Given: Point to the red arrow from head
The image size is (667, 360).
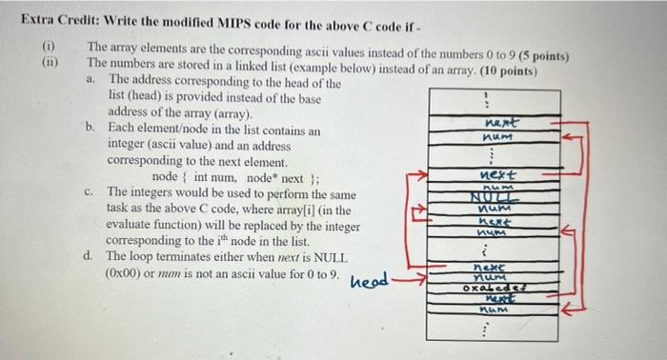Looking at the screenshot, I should [x=411, y=281].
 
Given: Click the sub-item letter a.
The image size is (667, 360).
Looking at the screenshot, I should [x=91, y=80].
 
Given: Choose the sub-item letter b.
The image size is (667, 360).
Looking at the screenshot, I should [x=91, y=127].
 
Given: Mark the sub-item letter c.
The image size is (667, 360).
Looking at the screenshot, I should [x=90, y=190].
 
